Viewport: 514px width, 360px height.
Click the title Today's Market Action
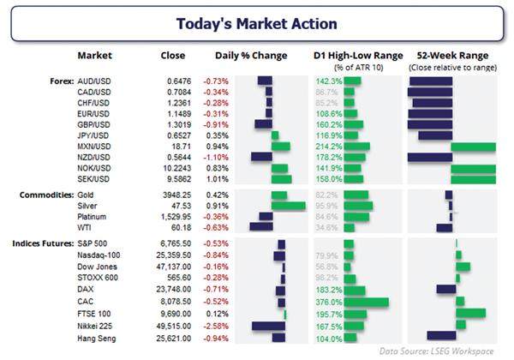257,23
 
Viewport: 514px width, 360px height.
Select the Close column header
173,56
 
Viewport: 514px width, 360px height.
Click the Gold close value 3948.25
173,195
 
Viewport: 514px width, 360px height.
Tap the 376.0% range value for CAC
328,302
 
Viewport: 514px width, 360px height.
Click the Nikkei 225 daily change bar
270,326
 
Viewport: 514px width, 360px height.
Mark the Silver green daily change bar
289,207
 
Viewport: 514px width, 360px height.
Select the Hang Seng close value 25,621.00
173,337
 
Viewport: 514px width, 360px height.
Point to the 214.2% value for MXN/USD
329,147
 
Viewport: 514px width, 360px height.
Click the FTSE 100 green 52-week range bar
472,314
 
